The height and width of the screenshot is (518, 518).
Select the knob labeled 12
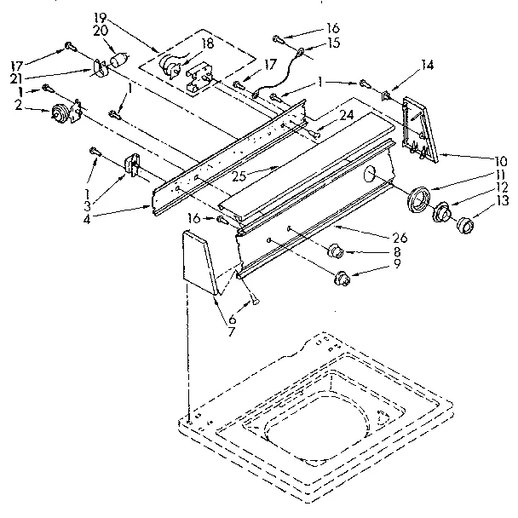tap(442, 213)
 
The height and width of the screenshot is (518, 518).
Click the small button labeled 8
tap(335, 252)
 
